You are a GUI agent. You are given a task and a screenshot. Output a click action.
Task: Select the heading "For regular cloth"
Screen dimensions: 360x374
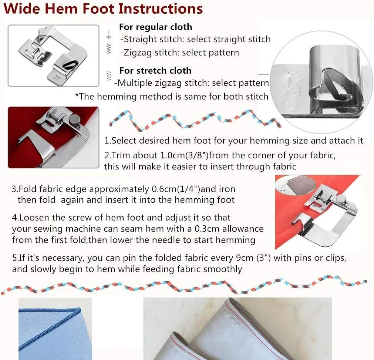[x=155, y=27]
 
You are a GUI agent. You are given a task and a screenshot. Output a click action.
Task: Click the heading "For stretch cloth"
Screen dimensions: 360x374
[x=155, y=70]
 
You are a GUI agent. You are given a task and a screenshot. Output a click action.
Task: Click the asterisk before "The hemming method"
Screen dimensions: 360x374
[x=77, y=96]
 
